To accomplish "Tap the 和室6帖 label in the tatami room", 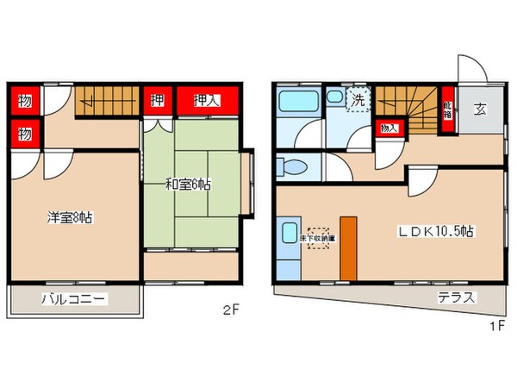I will pyautogui.click(x=190, y=185).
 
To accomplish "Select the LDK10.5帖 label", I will pyautogui.click(x=435, y=231).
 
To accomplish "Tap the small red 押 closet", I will pyautogui.click(x=158, y=101).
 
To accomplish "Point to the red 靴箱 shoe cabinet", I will pyautogui.click(x=447, y=110).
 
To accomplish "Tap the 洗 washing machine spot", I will pyautogui.click(x=357, y=99).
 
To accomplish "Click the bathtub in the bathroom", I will pyautogui.click(x=297, y=103).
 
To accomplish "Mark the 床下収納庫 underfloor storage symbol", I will pyautogui.click(x=317, y=236).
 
